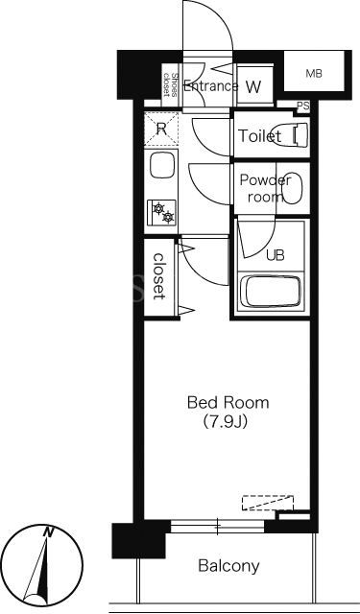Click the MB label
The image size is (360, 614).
(314, 73)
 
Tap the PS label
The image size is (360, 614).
(302, 106)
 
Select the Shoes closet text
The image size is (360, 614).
(171, 84)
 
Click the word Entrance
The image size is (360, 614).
(211, 86)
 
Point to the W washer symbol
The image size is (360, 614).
(253, 86)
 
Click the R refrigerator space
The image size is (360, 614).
(161, 129)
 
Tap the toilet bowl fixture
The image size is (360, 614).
(294, 135)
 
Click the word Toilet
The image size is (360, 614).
(260, 136)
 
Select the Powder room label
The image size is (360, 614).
(265, 188)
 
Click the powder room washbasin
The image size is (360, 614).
(292, 188)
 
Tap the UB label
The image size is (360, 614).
(276, 255)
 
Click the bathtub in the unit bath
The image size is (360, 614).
(271, 292)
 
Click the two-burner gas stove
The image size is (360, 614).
(161, 212)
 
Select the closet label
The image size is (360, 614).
(158, 276)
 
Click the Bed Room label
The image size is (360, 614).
(228, 403)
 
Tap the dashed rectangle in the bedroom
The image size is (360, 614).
(268, 503)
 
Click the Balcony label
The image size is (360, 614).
(228, 565)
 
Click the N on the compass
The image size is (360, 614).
(48, 531)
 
